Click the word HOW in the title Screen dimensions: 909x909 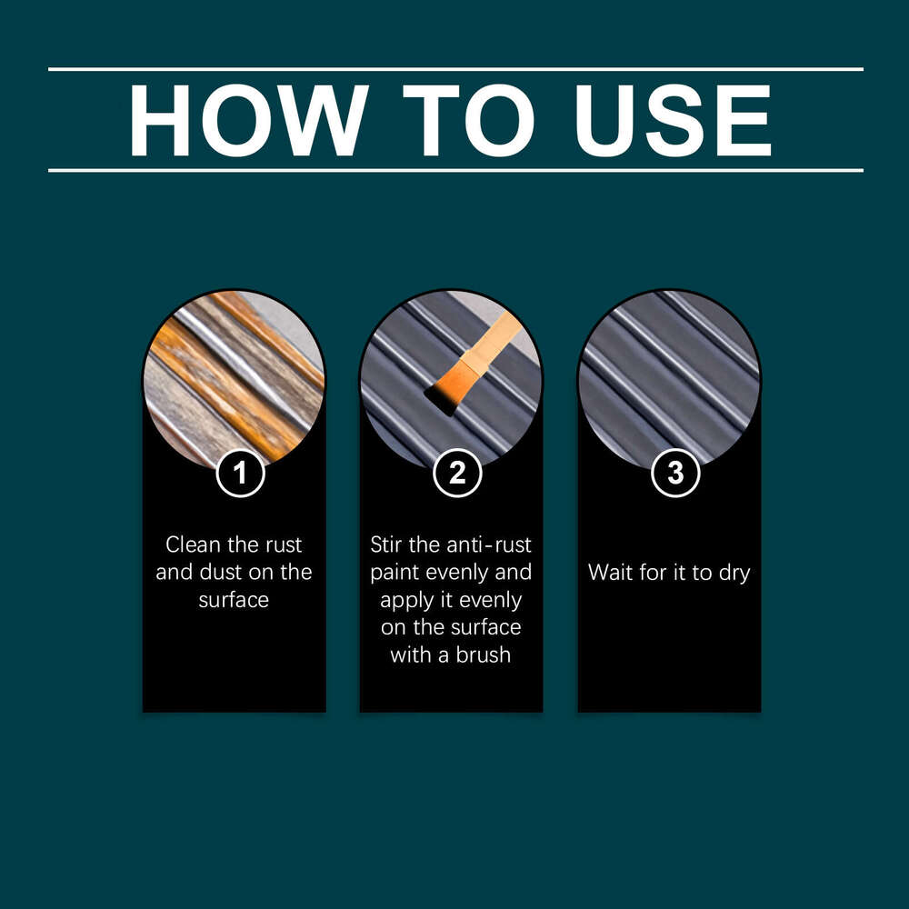248,120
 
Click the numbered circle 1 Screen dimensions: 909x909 240,473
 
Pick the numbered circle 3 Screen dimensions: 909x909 675,473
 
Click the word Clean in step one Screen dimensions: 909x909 192,545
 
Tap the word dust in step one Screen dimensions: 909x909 237,573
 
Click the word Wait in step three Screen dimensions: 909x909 609,573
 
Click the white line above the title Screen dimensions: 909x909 454,69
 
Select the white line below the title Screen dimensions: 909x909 454,170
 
